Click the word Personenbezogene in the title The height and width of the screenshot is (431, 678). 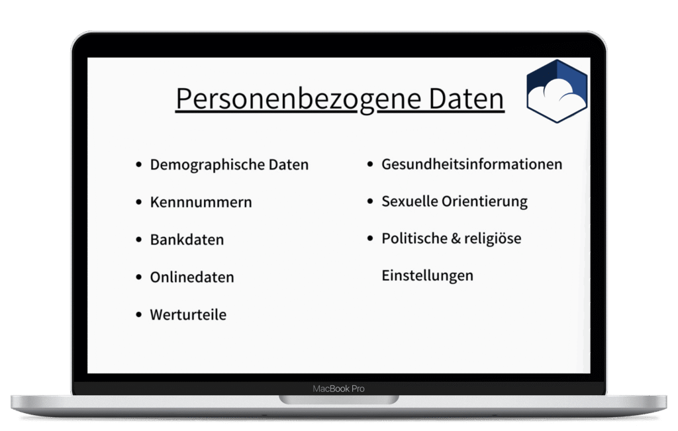click(x=299, y=99)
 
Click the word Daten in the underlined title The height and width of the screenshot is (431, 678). click(x=467, y=99)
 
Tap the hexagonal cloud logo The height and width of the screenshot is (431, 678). click(x=557, y=91)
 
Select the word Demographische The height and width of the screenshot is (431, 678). click(x=207, y=165)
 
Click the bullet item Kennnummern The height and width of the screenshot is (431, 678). click(x=201, y=203)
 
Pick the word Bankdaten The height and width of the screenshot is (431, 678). click(x=187, y=240)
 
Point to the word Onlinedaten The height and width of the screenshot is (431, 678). click(x=192, y=277)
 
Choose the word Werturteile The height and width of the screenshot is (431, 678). click(x=188, y=314)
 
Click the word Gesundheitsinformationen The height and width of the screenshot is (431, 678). click(x=471, y=165)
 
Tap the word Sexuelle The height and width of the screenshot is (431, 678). click(x=409, y=201)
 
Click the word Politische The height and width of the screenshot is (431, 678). click(x=414, y=238)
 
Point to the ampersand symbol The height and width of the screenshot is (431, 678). click(x=456, y=238)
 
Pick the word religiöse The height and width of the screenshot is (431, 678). click(x=493, y=238)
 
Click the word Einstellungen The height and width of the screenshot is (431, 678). click(x=427, y=276)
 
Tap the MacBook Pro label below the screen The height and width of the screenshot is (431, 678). click(x=338, y=389)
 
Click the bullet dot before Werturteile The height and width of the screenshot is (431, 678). click(x=139, y=314)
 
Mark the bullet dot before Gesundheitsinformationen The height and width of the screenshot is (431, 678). click(x=370, y=164)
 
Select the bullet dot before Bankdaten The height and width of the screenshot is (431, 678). click(x=139, y=240)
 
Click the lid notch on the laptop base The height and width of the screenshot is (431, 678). click(x=339, y=399)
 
